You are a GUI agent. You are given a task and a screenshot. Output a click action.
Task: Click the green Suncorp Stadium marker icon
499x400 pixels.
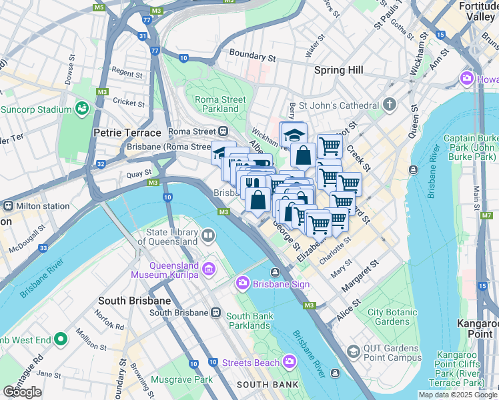coord(83,108)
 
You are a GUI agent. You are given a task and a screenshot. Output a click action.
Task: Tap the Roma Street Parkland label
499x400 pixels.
coord(220,104)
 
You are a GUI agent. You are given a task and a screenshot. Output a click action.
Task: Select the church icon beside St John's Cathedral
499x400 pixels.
coord(390,105)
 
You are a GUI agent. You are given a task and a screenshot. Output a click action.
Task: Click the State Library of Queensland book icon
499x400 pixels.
coord(208,236)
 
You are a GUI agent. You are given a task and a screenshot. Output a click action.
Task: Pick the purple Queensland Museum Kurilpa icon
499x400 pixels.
coord(208,269)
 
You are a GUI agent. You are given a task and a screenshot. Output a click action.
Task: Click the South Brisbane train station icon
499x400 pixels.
coord(215,312)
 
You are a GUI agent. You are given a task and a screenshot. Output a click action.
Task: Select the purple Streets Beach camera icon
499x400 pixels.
coord(290,362)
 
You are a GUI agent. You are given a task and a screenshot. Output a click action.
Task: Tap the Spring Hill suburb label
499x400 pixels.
coord(338,70)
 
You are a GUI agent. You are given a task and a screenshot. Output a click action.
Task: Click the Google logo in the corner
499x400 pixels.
coord(22,392)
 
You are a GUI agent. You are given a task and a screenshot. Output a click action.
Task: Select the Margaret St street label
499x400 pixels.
coord(360,275)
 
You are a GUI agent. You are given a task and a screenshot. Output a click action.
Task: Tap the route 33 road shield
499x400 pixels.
coord(43,248)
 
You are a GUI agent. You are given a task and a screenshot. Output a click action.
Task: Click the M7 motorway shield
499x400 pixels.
coord(486,216)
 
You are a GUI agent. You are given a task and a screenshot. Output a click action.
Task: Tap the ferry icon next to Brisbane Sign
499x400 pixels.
coord(275,271)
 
